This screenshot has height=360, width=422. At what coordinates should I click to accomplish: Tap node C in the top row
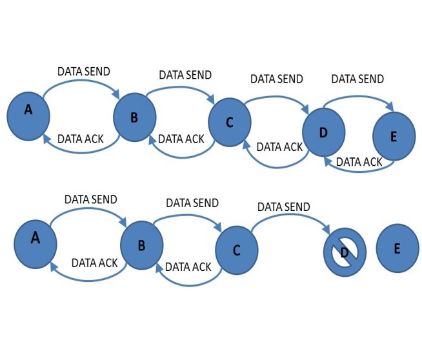coord(230,123)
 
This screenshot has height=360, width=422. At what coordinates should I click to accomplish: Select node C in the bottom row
coord(237,250)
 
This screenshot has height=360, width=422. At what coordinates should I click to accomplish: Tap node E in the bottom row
coord(397,248)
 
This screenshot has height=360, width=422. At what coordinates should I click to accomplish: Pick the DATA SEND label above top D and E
coord(357,79)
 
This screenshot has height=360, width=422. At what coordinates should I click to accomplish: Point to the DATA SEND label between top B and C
coord(185,75)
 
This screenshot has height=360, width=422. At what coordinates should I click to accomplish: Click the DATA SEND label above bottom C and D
coord(283,207)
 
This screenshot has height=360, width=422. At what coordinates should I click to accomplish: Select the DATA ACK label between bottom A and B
coord(94,263)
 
